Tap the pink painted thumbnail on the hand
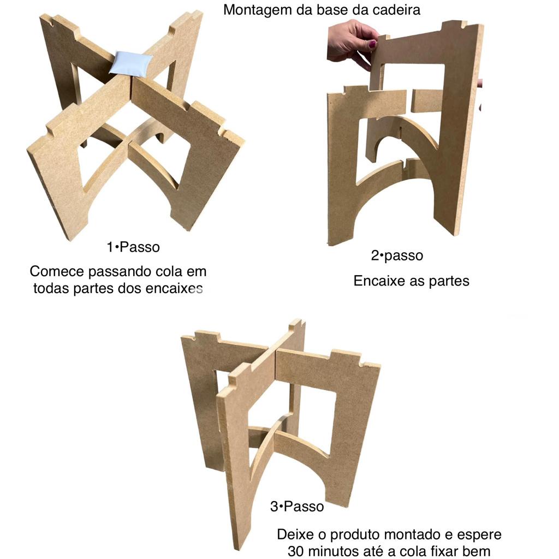click(x=372, y=44)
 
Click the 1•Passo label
click(x=133, y=247)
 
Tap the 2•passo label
click(x=397, y=255)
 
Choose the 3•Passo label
click(x=297, y=506)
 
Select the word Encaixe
click(x=379, y=281)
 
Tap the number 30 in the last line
click(x=295, y=551)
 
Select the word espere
click(x=479, y=536)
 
